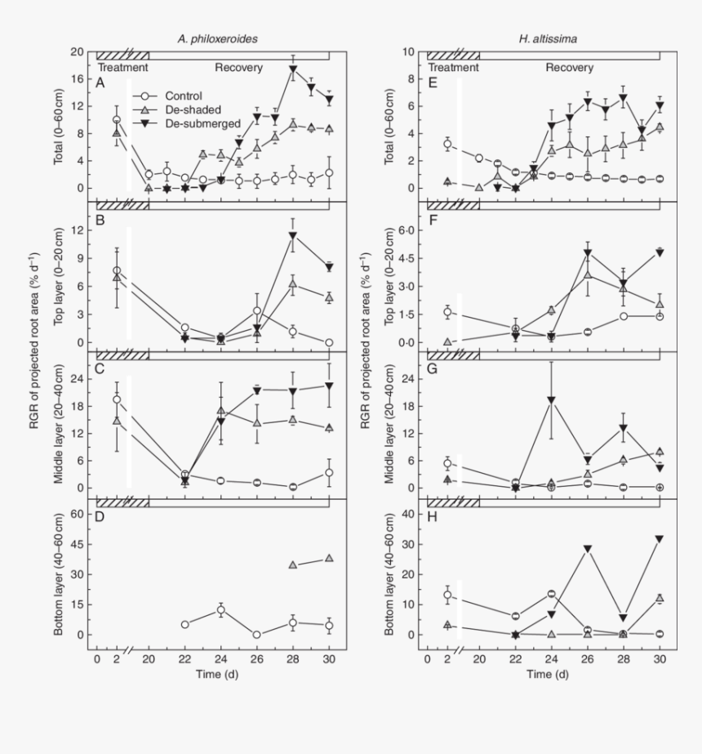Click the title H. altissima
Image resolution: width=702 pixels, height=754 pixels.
543,39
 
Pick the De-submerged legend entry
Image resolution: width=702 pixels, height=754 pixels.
200,123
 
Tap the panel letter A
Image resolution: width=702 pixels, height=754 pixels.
100,83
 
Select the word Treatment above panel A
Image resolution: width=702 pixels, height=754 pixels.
122,68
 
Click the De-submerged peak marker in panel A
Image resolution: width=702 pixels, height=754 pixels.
292,69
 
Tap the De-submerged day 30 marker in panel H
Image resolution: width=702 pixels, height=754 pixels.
659,539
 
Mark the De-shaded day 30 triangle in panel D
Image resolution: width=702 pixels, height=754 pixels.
328,558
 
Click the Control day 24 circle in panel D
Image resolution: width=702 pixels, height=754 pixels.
220,610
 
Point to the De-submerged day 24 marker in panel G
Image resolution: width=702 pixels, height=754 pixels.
552,400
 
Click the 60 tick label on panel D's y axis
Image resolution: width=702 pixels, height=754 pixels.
78,514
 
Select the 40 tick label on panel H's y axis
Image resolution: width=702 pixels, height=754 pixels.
409,514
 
